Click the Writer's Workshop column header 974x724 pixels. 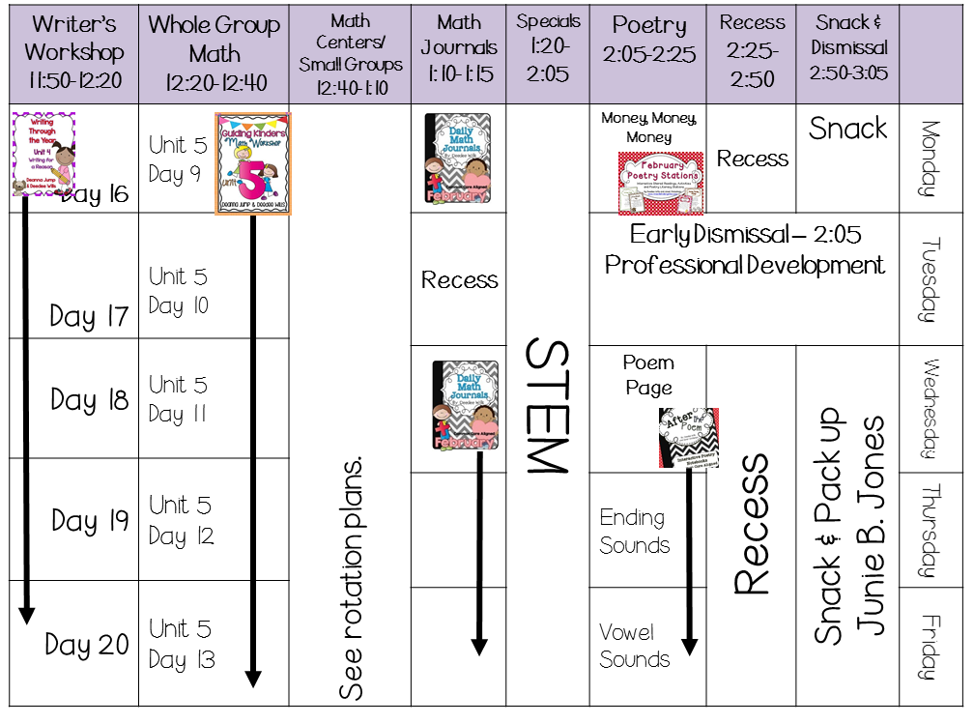73,51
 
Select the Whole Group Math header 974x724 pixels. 214,52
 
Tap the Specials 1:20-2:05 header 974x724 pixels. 548,47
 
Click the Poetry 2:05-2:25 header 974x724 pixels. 648,40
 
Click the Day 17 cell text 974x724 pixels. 89,316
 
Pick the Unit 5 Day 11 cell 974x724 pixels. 179,399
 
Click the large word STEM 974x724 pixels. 546,406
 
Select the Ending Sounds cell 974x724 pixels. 633,531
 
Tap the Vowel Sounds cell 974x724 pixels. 634,646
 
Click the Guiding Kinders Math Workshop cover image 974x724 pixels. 253,163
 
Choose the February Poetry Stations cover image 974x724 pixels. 662,182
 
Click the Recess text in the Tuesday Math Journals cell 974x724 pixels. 460,280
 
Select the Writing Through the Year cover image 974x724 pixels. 43,154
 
